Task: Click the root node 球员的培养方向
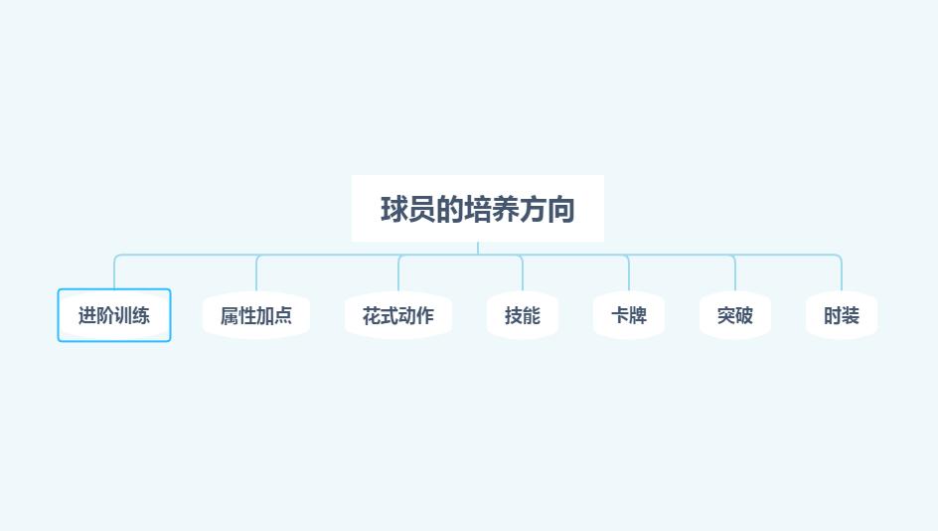point(477,209)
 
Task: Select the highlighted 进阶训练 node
point(114,315)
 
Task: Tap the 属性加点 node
point(256,315)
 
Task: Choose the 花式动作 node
point(398,315)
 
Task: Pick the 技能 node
point(523,315)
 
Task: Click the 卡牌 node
point(629,315)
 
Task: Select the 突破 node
point(735,315)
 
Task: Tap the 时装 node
point(842,315)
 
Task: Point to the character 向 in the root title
point(561,210)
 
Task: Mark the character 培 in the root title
point(478,210)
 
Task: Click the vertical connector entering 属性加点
point(256,275)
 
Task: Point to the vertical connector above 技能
point(523,275)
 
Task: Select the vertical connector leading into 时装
point(842,275)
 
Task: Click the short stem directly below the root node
point(478,248)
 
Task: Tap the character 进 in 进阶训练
point(87,316)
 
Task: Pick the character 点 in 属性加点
point(283,316)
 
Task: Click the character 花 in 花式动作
point(372,316)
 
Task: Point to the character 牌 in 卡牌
point(638,316)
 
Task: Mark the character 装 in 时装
point(851,316)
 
